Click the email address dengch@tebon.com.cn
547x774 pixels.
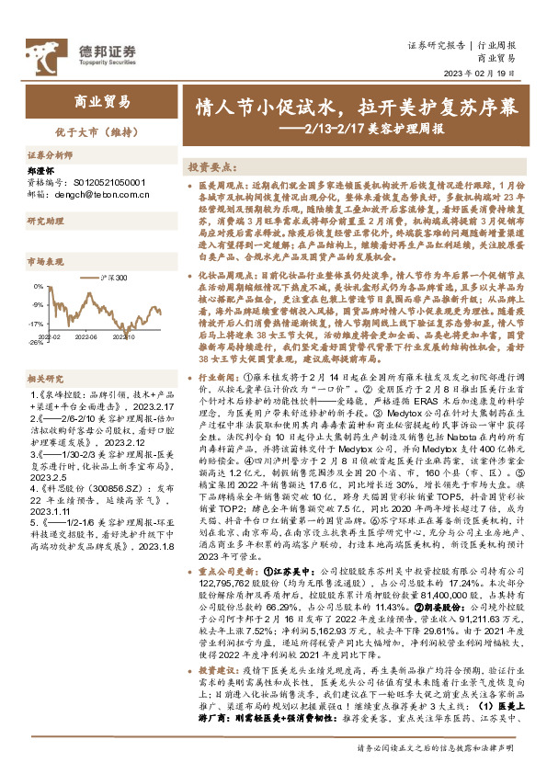tap(95, 194)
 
